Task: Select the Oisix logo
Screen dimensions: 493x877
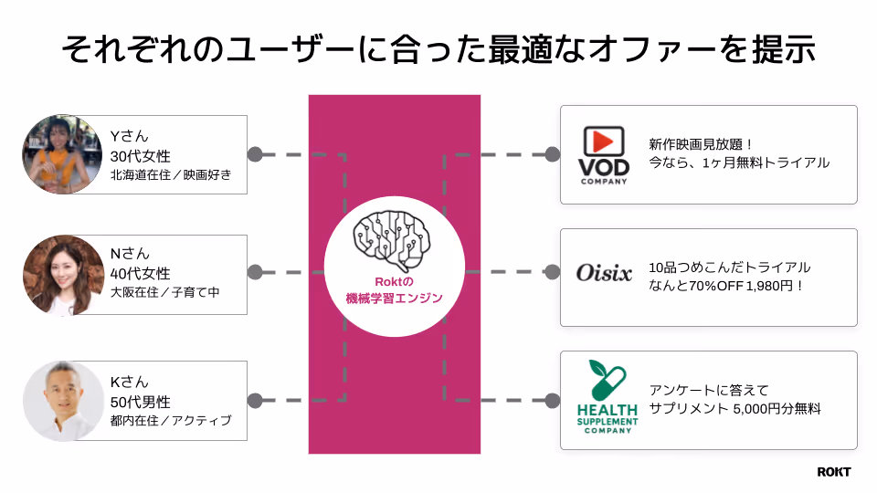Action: (x=604, y=273)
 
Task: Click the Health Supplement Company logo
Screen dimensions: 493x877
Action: (x=604, y=397)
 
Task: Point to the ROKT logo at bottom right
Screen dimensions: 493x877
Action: (x=833, y=471)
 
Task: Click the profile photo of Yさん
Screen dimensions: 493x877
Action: (x=63, y=154)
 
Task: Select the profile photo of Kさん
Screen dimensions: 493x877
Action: (x=63, y=401)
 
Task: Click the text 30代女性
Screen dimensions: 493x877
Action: (x=140, y=155)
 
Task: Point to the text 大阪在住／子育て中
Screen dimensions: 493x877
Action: (x=164, y=293)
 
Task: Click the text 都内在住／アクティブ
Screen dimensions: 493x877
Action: (x=170, y=421)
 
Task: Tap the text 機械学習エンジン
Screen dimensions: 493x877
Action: (x=395, y=298)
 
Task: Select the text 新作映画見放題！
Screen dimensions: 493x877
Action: (x=701, y=143)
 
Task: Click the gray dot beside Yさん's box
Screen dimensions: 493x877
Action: (x=255, y=154)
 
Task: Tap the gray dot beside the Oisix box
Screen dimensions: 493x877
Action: (x=551, y=272)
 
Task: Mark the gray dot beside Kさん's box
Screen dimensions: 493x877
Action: (x=255, y=400)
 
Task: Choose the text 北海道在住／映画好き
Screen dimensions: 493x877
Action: (x=171, y=174)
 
